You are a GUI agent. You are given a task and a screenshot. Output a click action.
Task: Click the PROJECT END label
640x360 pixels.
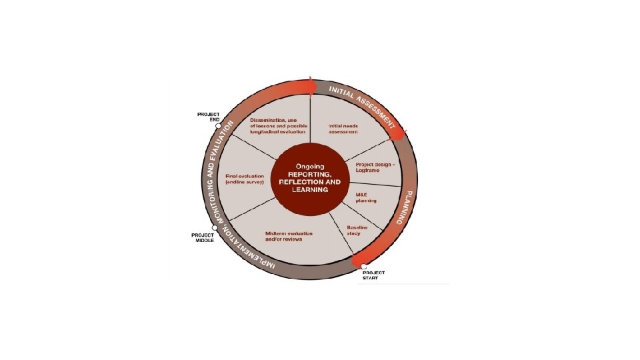click(x=208, y=117)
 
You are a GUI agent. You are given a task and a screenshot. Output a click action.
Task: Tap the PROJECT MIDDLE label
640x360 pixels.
click(x=203, y=238)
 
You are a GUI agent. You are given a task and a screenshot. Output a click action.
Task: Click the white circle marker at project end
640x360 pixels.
click(x=219, y=125)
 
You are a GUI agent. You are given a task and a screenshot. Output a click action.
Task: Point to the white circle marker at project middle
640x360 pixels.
click(x=215, y=227)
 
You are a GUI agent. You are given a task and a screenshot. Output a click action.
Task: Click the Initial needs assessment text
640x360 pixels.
click(x=343, y=128)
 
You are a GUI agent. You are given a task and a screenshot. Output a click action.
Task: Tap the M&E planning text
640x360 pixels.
click(x=366, y=197)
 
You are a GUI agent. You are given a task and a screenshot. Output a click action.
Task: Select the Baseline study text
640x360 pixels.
click(x=357, y=231)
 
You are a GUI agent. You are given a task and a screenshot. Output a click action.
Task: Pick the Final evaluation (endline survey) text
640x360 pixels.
click(x=245, y=178)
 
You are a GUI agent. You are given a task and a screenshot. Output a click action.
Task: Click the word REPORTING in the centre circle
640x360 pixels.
click(x=309, y=173)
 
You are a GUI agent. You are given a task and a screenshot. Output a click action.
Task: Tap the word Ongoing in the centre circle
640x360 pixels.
click(x=309, y=165)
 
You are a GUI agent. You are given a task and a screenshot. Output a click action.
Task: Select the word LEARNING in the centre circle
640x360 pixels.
click(x=309, y=190)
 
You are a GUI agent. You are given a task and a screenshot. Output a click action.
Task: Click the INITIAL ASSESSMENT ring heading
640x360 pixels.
click(x=364, y=105)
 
